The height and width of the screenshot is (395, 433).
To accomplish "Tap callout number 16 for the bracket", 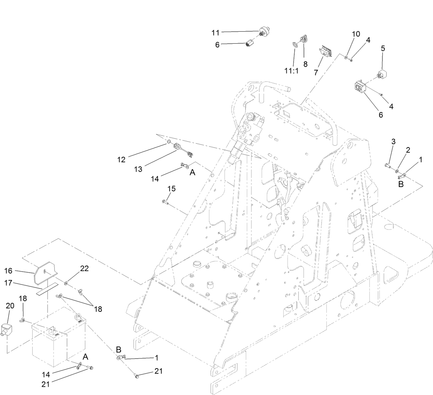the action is (x=8, y=271).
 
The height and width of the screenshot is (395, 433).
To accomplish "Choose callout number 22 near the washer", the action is (x=84, y=268).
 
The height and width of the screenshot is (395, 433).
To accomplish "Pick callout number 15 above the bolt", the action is (x=171, y=188).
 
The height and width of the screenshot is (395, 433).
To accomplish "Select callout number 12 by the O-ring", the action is (x=121, y=159).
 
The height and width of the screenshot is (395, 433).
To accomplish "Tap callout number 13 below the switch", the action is (x=138, y=169).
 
